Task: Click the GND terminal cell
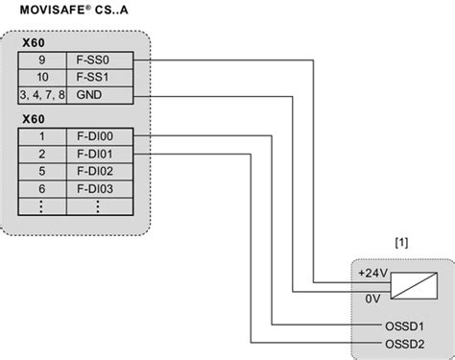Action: click(101, 95)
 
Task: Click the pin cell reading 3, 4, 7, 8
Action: click(42, 95)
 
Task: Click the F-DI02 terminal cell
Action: click(101, 171)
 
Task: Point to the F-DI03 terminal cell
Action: click(101, 188)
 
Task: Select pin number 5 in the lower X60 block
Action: click(42, 171)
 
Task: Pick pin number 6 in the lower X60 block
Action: click(42, 188)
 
